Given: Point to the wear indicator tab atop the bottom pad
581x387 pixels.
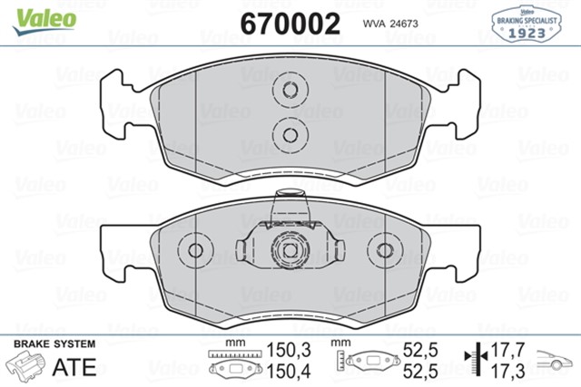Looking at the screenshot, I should click(290, 195).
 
